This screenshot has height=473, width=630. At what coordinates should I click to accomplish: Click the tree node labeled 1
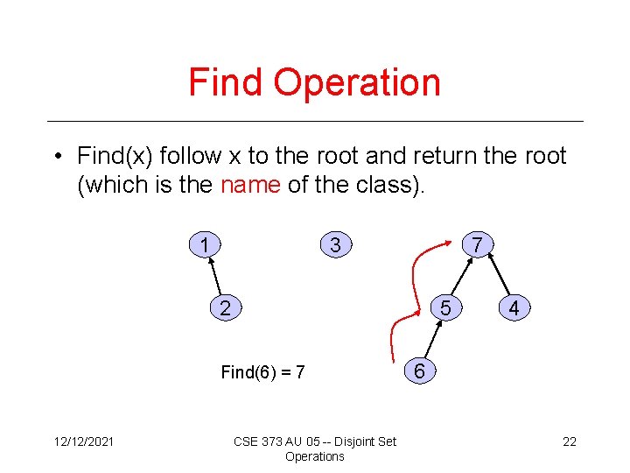coord(204,245)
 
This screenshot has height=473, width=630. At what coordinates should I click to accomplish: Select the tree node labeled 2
coord(226,308)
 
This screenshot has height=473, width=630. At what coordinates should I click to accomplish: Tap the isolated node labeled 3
coord(335,245)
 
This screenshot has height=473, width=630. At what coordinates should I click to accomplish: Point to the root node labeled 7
coord(476,245)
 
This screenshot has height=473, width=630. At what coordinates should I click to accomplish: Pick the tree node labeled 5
coord(446,308)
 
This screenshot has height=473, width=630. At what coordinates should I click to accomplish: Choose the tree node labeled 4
coord(514,308)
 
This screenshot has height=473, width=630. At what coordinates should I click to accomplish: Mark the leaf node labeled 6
coord(420,371)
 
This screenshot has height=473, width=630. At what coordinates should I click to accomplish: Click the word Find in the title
coord(227,82)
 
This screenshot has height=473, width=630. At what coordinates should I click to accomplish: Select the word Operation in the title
coord(357,82)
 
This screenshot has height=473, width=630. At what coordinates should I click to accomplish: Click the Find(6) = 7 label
coord(262,372)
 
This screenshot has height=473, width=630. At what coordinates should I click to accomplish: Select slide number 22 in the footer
coord(569,441)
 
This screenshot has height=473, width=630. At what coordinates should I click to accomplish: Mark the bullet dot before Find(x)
coord(54,157)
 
